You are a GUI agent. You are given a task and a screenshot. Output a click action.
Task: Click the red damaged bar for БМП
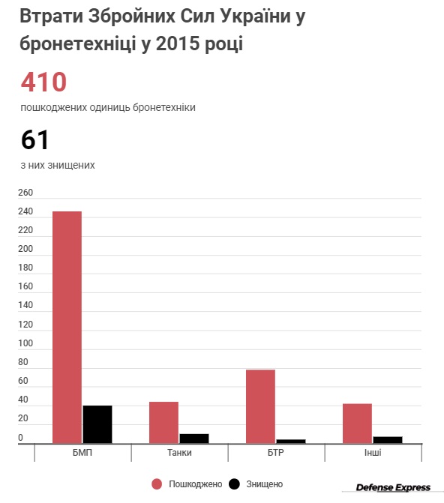pos(67,327)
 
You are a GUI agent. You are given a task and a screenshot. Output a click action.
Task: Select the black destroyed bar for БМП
pos(97,424)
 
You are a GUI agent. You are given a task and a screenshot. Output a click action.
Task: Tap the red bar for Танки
pos(163,423)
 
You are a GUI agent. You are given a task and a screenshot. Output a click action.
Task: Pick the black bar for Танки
pos(194,439)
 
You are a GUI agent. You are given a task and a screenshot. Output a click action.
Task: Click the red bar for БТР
pos(261,406)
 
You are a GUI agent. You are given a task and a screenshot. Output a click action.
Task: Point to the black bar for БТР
pos(291,442)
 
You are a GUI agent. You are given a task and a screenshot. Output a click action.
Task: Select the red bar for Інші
pos(357,424)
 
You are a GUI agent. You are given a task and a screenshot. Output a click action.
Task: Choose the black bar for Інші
pos(388,440)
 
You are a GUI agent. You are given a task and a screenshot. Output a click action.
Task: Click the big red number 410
pos(43,82)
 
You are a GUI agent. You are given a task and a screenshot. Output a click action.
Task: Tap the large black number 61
pos(34,140)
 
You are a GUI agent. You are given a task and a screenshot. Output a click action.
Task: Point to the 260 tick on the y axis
pos(25,193)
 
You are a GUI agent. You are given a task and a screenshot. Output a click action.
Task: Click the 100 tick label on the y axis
pos(25,343)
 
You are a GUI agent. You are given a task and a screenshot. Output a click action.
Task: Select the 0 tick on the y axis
pos(20,438)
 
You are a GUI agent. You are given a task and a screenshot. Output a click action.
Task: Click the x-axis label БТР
pos(276,453)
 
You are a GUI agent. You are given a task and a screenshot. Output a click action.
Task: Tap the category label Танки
pos(179,453)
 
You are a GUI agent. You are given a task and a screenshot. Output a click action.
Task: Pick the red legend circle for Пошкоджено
pos(157,484)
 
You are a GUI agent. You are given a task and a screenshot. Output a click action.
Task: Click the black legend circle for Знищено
pos(234,484)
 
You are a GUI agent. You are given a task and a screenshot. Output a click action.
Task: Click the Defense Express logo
pos(393,487)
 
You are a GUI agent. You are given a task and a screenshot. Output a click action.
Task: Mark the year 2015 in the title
pos(178,43)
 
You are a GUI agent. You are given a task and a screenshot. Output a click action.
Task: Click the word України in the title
pos(256,16)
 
